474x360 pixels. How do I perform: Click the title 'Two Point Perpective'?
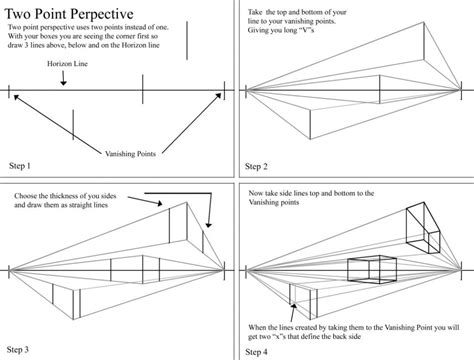[x=69, y=14]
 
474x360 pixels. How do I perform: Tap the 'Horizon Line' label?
[x=67, y=64]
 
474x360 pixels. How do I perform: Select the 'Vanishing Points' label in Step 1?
[x=130, y=154]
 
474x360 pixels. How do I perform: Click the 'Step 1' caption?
[x=20, y=166]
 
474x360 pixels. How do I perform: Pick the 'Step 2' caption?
[x=256, y=166]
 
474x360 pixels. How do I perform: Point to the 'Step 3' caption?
[x=18, y=349]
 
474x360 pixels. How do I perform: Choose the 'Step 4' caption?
[x=256, y=352]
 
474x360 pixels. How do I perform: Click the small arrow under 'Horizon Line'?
[x=63, y=78]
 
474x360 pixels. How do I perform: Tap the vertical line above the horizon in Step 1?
[x=187, y=41]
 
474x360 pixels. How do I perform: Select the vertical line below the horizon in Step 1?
[x=73, y=124]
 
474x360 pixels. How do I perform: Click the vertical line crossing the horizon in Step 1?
[x=143, y=89]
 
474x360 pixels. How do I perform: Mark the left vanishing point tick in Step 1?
[x=9, y=91]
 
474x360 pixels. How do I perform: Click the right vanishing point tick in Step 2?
[x=461, y=90]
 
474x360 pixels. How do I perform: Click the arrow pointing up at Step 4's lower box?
[x=293, y=312]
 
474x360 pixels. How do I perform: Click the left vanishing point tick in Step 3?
[x=9, y=271]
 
